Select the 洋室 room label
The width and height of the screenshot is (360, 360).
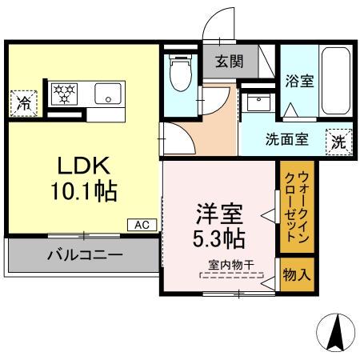click(x=219, y=214)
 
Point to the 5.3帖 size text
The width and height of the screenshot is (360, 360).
click(x=219, y=238)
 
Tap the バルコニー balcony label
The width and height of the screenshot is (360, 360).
click(x=83, y=257)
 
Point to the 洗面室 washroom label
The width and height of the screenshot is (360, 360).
click(x=286, y=138)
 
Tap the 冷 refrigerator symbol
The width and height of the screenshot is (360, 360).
click(x=22, y=102)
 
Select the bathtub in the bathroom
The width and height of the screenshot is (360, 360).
click(x=334, y=79)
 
